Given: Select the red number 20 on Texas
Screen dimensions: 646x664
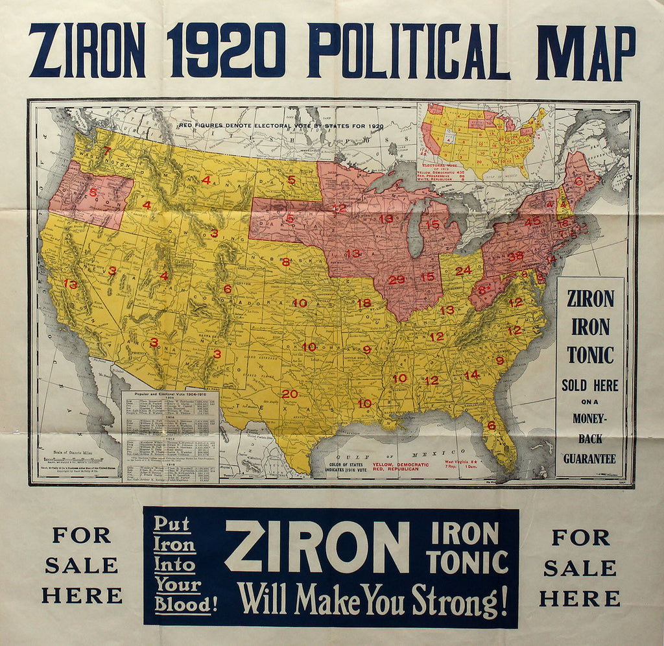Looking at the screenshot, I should point(290,394).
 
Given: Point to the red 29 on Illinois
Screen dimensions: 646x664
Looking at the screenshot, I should point(396,280).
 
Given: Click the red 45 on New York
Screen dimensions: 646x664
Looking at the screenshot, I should point(532,221).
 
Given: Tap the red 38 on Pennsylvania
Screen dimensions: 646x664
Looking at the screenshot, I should point(516,256).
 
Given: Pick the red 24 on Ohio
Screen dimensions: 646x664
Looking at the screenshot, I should point(463,270).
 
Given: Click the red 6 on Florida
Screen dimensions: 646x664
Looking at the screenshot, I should point(492,425).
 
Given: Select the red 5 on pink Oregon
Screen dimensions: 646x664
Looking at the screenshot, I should point(93,192).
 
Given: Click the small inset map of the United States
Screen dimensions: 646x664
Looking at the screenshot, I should point(485,141).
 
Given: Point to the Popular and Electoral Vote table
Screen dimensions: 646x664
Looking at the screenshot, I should point(171,435).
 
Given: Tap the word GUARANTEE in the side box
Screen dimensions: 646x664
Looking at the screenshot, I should point(589,459).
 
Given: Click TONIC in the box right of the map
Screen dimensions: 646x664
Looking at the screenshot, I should point(590,355).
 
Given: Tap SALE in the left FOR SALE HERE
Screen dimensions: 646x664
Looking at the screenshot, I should point(82,566).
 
